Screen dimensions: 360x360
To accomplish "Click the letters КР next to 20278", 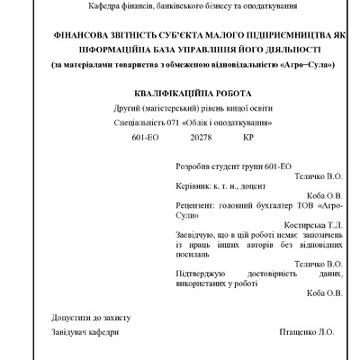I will point(248,139).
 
